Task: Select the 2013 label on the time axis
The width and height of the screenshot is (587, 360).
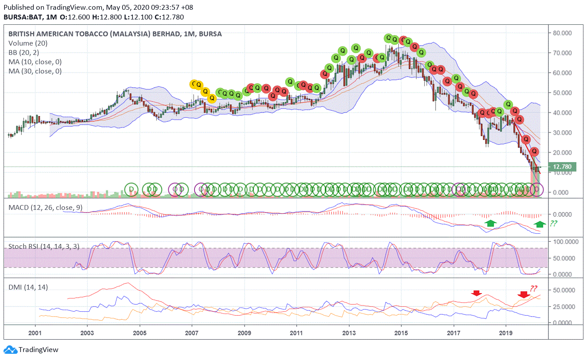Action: [x=349, y=332]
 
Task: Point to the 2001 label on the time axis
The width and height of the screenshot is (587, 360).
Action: [x=35, y=332]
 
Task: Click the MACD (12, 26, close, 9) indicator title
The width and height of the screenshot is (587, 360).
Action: [x=45, y=208]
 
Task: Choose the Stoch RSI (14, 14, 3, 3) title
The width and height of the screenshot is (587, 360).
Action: [x=44, y=247]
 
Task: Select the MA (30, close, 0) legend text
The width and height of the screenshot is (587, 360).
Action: [x=35, y=71]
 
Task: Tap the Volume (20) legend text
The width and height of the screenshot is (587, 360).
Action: [x=27, y=43]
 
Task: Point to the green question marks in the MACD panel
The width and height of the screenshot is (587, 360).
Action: [x=553, y=224]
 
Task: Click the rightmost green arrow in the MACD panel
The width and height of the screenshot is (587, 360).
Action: [x=540, y=224]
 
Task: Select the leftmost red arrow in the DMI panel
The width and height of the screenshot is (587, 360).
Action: [x=476, y=293]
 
